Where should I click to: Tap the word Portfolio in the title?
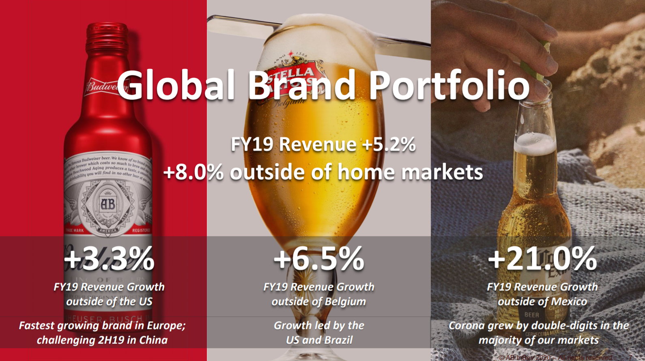[x=449, y=85]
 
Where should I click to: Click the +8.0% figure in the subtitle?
[x=193, y=172]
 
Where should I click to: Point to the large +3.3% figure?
[x=109, y=258]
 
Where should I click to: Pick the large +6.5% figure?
[x=319, y=258]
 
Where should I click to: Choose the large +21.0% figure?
[x=542, y=258]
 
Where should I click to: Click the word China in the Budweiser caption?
[x=153, y=340]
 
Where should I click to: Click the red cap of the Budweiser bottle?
[x=107, y=32]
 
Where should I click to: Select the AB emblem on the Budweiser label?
[x=108, y=204]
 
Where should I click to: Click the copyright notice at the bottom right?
[x=556, y=357]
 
